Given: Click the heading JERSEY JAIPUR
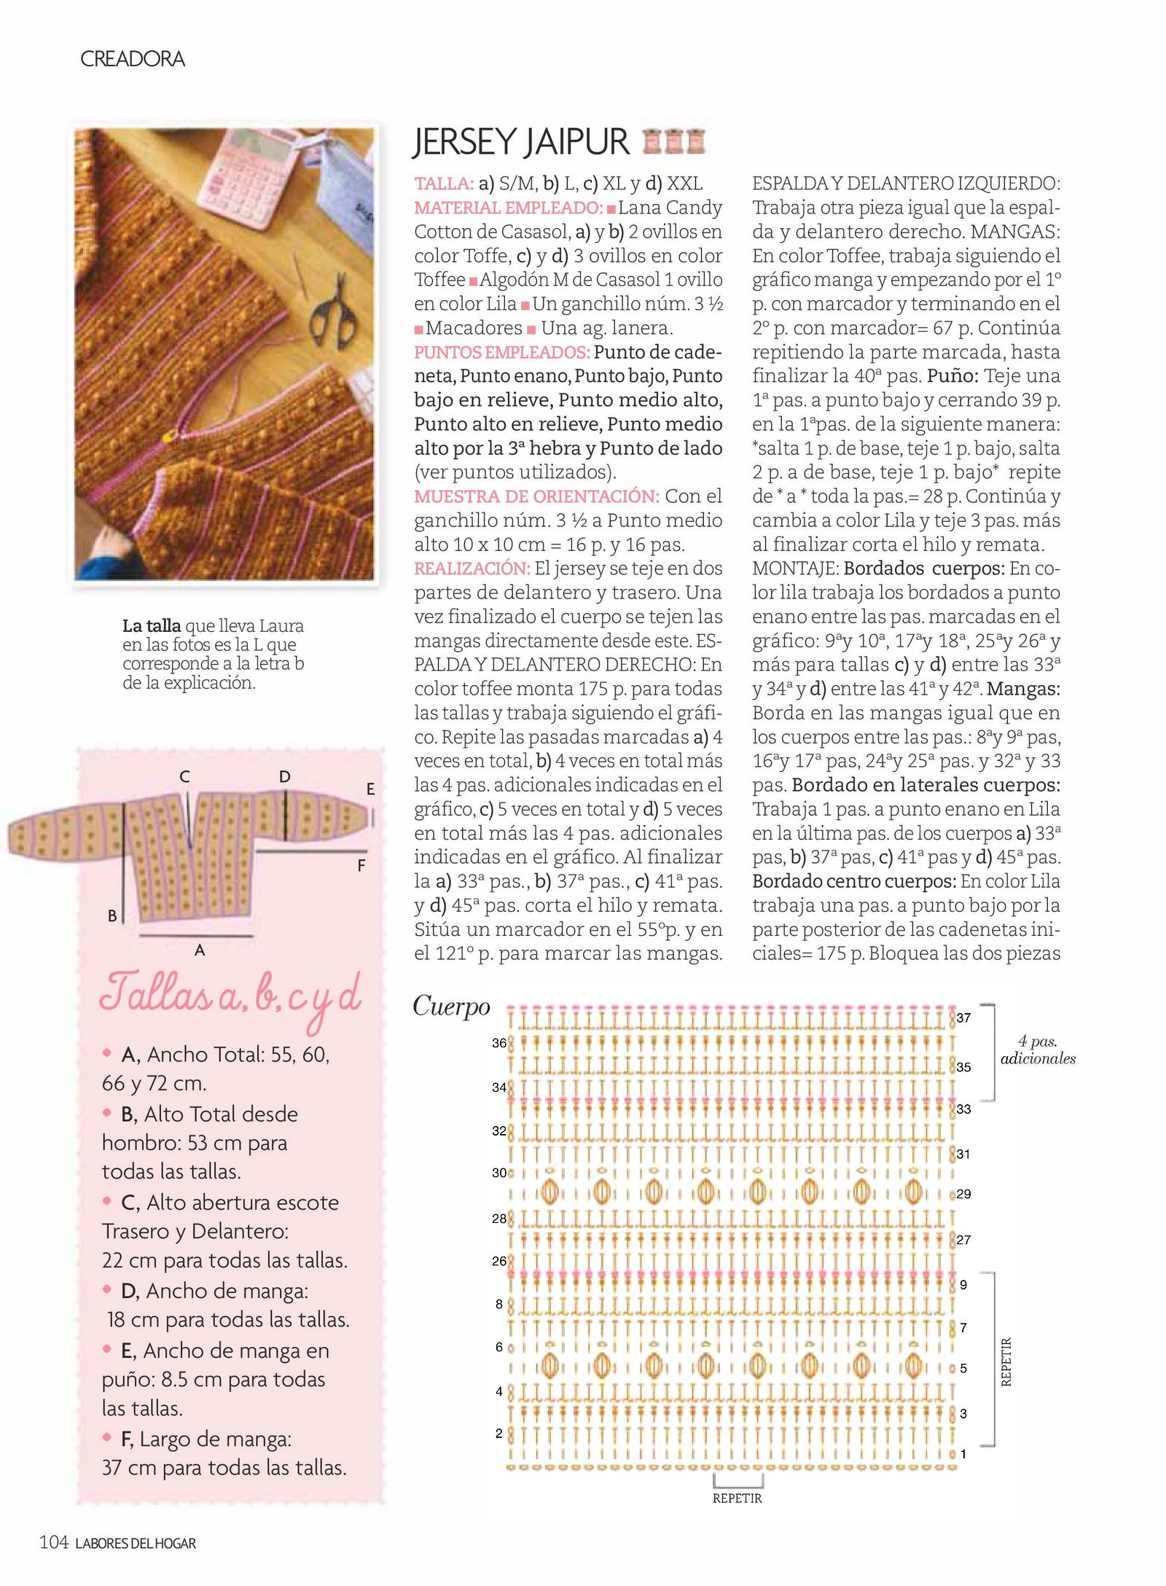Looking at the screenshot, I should pos(520,142).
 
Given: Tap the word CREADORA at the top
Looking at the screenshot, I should pos(132,59).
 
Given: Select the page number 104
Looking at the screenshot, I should pos(54,1542).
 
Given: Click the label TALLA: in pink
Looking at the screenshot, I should pos(444,184).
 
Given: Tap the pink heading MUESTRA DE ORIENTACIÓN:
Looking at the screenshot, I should pos(536,496).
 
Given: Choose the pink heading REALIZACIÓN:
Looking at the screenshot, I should pos(472,569).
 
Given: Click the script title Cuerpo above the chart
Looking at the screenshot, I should pos(451,1007).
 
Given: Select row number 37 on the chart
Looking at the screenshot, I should pos(963,1018).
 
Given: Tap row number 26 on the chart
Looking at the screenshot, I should pos(499,1261).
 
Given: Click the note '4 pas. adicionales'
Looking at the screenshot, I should pos(1038,1050).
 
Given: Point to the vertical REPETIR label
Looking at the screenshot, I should pos(1006,1362).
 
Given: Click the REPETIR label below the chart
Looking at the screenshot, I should pos(737,1499).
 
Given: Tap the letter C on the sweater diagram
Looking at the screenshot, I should pos(185,777).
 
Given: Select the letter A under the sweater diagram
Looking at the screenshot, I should pos(200,950).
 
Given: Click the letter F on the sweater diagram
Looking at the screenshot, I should pos(361,866).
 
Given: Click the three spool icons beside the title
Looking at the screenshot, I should pos(674,141).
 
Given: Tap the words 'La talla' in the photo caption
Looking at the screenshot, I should pos(152,626).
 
